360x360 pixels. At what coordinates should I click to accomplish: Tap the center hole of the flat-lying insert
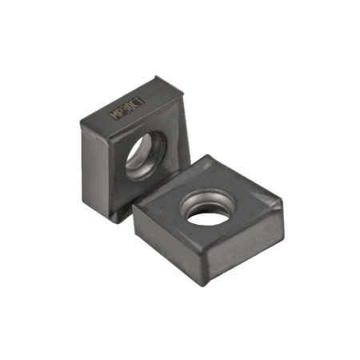(x=208, y=210)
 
